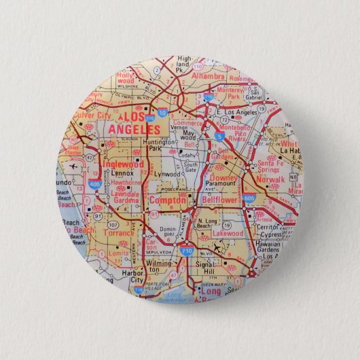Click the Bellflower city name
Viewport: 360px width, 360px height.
pos(219,201)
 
